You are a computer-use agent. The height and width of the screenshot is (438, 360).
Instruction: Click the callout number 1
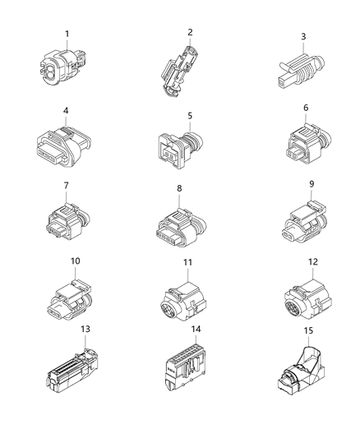[x=67, y=34]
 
